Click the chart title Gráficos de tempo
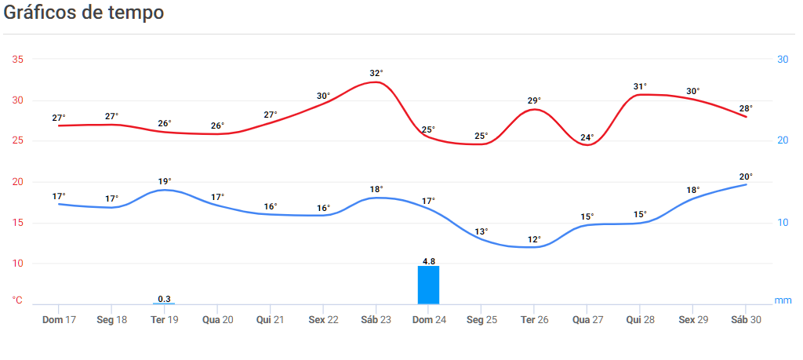[84, 13]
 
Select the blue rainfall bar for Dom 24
[428, 285]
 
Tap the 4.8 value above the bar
[428, 261]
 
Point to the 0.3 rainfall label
[165, 299]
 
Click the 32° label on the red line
[376, 73]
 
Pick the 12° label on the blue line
[534, 239]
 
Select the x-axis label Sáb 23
[376, 320]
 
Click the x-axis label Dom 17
[59, 320]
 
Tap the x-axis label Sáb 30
[745, 320]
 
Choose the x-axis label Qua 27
[587, 320]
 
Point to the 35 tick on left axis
[18, 60]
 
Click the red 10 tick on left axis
[18, 264]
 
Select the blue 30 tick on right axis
[783, 60]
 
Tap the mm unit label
[783, 300]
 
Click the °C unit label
[18, 300]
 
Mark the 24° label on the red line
[587, 137]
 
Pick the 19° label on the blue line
[165, 180]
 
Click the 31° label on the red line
[640, 86]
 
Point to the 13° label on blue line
[481, 231]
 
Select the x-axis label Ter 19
[165, 320]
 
